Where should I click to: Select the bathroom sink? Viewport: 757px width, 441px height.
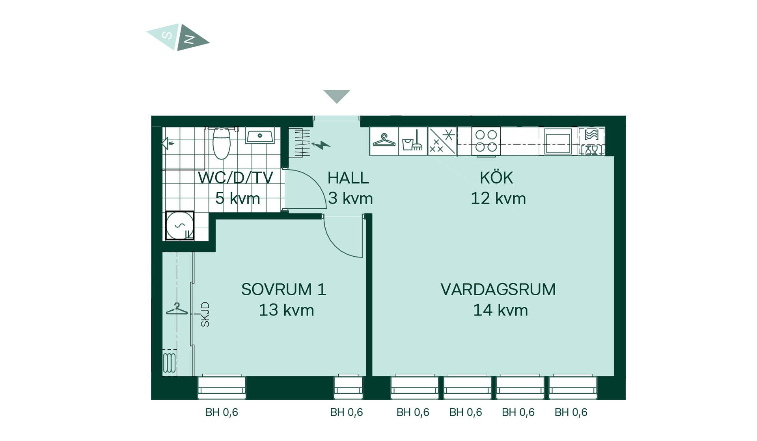(260, 137)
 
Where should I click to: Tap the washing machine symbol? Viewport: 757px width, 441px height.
(180, 225)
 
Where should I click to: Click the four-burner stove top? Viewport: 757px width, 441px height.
(486, 141)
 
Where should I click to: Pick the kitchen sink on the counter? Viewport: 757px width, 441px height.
(558, 141)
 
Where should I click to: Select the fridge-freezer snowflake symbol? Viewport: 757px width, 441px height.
(442, 141)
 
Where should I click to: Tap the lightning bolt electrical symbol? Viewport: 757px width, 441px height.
(321, 145)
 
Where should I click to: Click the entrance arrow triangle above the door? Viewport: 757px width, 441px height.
(337, 96)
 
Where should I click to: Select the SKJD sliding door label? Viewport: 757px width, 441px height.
(205, 314)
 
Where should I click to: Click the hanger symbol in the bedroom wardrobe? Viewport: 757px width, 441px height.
(177, 309)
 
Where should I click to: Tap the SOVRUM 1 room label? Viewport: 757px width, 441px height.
(284, 289)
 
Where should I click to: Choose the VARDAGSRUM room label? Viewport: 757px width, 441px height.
(498, 289)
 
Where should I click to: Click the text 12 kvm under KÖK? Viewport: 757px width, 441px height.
(498, 198)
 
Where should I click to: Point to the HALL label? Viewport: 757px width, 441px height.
(348, 178)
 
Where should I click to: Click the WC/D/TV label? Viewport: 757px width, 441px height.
(235, 178)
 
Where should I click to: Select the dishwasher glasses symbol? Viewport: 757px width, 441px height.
(591, 150)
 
